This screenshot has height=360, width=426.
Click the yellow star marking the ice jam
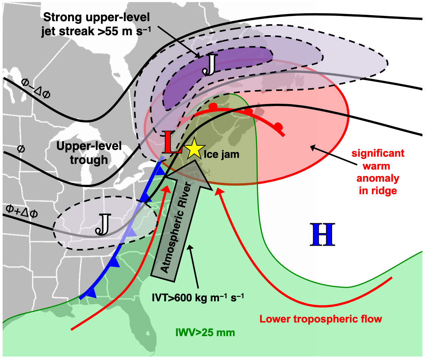click(x=194, y=148)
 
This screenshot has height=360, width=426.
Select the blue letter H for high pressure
click(x=322, y=234)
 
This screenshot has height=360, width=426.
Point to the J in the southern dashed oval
click(x=103, y=224)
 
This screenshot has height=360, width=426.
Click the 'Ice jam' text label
click(x=221, y=154)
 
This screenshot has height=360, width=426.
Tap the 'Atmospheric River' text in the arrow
click(x=176, y=227)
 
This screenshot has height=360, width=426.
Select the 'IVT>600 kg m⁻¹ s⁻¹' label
click(x=198, y=298)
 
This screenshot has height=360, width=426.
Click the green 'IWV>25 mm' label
click(x=205, y=332)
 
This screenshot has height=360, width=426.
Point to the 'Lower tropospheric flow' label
click(x=320, y=319)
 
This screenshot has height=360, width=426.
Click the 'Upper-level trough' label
click(x=89, y=153)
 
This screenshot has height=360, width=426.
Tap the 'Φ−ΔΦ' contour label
click(x=36, y=88)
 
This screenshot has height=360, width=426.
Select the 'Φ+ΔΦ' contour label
click(x=22, y=211)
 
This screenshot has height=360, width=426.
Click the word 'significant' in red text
click(x=378, y=154)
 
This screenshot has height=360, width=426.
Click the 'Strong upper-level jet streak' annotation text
click(x=96, y=25)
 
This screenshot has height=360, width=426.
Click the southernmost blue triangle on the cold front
click(x=93, y=293)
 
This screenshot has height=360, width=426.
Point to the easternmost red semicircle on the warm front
click(x=278, y=126)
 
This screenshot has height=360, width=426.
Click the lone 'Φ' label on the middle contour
click(x=21, y=149)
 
